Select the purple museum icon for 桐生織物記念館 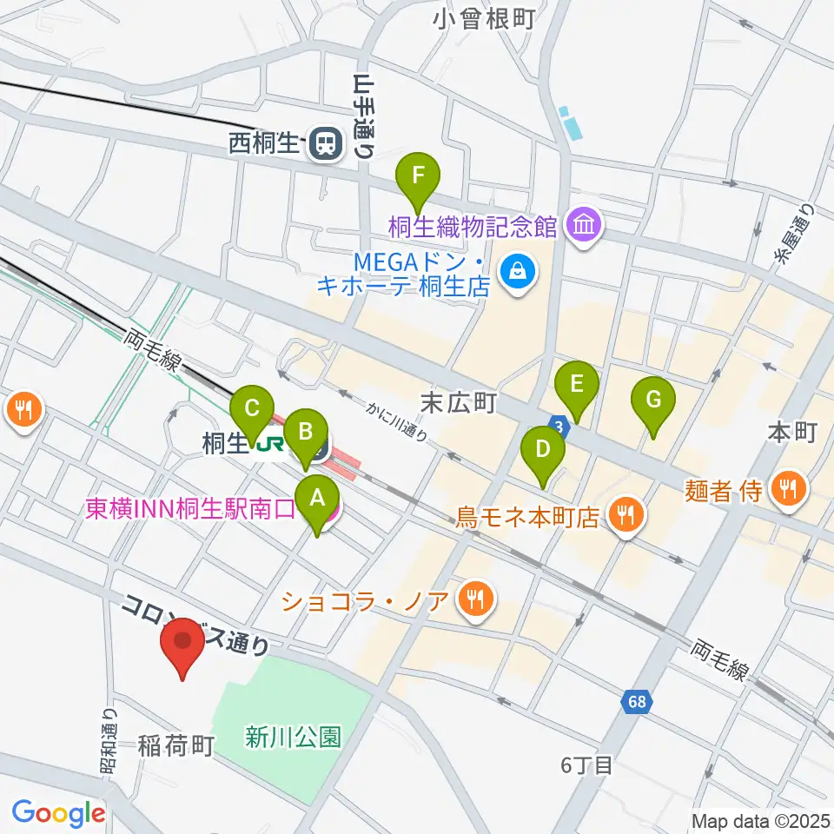[581, 228]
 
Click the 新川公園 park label [292, 738]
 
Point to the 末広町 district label [458, 402]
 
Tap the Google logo [58, 813]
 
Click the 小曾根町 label [486, 18]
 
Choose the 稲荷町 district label [175, 745]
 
